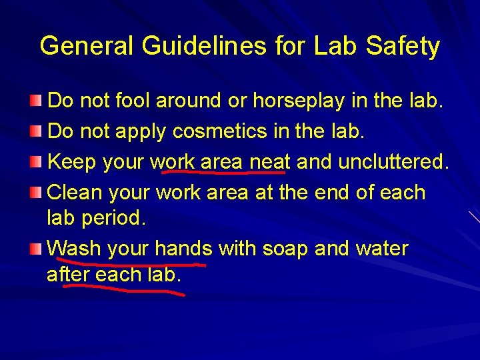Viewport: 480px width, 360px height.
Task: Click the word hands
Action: [183, 249]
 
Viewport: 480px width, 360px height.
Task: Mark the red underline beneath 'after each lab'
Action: [123, 289]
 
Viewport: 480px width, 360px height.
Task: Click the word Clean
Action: [78, 193]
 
